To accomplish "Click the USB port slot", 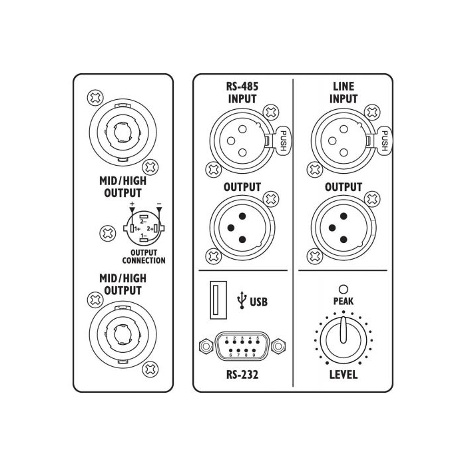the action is (x=218, y=300).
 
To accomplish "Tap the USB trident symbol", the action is (x=242, y=300).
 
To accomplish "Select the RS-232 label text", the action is (x=242, y=374).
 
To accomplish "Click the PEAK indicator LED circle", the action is (x=344, y=289).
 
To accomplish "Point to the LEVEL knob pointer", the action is (x=344, y=330).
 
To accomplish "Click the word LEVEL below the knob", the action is (x=344, y=374).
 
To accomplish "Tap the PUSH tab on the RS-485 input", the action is (x=284, y=140).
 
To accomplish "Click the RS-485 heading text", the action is (x=242, y=86).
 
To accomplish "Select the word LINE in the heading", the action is (x=344, y=86).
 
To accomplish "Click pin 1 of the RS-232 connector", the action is (x=227, y=342).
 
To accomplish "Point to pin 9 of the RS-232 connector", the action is (x=254, y=351).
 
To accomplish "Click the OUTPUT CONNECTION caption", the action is (x=144, y=256).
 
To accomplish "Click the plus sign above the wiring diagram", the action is (x=132, y=204).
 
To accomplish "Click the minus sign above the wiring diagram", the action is (x=159, y=204).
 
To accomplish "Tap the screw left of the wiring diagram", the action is (x=108, y=233).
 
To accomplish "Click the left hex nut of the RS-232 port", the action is (x=206, y=346).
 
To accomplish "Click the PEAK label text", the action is (x=344, y=302).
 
